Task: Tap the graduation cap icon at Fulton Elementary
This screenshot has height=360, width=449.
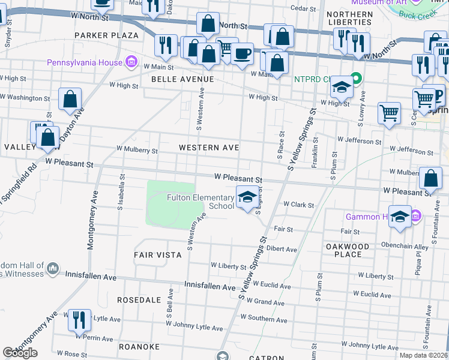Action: coord(246,197)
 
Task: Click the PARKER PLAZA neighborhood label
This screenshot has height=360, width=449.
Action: coord(106,35)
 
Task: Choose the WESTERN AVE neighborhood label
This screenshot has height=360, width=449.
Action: coord(209,148)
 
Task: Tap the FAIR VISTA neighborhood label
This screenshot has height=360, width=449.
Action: coord(157,255)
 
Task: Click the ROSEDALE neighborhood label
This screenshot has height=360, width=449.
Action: coord(139,299)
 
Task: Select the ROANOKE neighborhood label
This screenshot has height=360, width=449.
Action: coord(139,347)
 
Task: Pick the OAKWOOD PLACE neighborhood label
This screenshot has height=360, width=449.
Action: coord(348,250)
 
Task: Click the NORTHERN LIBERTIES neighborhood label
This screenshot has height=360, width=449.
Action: coord(351,19)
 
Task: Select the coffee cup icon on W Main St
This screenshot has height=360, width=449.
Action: coord(242,53)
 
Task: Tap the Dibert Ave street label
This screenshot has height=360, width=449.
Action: coord(282,249)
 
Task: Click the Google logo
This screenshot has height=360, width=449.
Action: coord(20,353)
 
